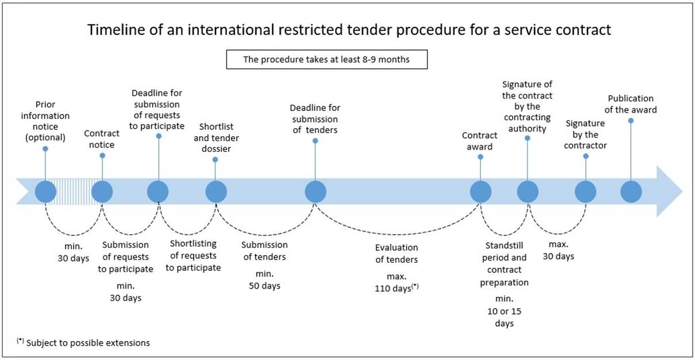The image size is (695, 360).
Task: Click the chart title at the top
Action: pyautogui.click(x=349, y=30)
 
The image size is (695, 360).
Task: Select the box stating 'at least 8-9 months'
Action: pyautogui.click(x=327, y=59)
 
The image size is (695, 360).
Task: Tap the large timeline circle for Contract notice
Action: pyautogui.click(x=102, y=192)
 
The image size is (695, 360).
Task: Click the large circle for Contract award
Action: pyautogui.click(x=481, y=192)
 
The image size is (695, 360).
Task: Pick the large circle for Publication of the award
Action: pyautogui.click(x=631, y=192)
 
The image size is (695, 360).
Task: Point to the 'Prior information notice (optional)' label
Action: pyautogui.click(x=45, y=121)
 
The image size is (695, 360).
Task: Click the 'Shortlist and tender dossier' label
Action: pyautogui.click(x=216, y=137)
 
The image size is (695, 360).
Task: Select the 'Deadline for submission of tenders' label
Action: pyautogui.click(x=315, y=119)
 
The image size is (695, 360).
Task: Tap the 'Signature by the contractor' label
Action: pyautogui.click(x=585, y=135)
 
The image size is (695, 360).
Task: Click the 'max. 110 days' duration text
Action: pyautogui.click(x=397, y=282)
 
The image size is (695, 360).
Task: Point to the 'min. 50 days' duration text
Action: pyautogui.click(x=264, y=280)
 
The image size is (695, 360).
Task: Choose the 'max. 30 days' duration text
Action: pyautogui.click(x=559, y=251)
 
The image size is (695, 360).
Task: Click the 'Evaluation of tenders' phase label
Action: pyautogui.click(x=397, y=253)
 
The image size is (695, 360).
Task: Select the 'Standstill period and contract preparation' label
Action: pyautogui.click(x=504, y=264)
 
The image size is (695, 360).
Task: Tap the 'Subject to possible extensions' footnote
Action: pyautogui.click(x=83, y=342)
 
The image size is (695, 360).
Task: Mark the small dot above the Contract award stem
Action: pyautogui.click(x=481, y=157)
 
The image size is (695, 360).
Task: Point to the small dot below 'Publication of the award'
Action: pyautogui.click(x=631, y=120)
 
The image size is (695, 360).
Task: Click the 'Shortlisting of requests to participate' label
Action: pyautogui.click(x=193, y=255)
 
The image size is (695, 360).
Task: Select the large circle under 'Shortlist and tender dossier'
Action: pyautogui.click(x=216, y=192)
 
